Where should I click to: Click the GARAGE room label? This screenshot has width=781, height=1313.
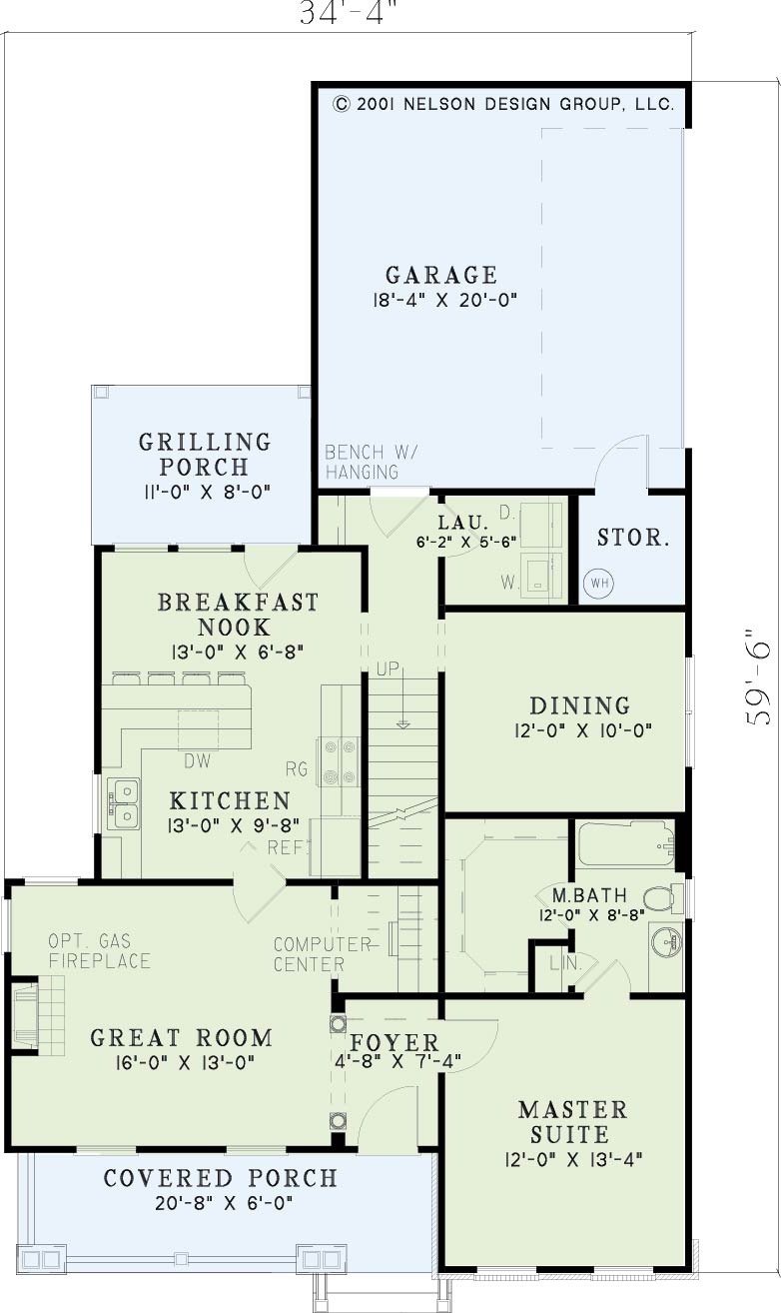[x=441, y=275]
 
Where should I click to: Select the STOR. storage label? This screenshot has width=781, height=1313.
[x=633, y=538]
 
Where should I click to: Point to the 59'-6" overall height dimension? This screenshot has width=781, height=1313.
[x=759, y=677]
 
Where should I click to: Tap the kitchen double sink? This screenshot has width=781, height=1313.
[x=123, y=803]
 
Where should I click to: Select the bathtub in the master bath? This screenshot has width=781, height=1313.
[x=627, y=844]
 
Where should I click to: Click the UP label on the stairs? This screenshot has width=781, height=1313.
[x=388, y=668]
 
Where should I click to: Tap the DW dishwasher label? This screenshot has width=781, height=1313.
[x=198, y=760]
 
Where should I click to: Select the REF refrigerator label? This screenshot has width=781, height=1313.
[x=287, y=847]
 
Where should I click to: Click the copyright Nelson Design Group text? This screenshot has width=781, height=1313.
[x=504, y=104]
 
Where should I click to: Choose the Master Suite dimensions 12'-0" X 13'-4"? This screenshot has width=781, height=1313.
[x=573, y=1159]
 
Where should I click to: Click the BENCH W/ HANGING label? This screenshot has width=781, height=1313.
[x=372, y=462]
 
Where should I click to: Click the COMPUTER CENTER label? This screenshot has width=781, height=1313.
[x=322, y=954]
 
